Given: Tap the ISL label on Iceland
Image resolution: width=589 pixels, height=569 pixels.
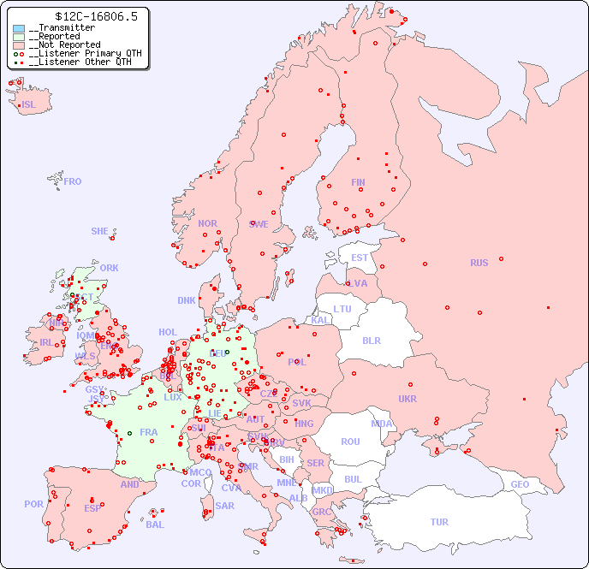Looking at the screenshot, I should click(x=29, y=105).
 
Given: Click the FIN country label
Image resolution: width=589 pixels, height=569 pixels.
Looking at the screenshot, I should click(x=358, y=182).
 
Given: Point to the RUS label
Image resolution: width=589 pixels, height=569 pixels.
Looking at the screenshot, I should click(x=479, y=263).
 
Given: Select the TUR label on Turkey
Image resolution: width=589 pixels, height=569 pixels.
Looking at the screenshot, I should click(x=439, y=522).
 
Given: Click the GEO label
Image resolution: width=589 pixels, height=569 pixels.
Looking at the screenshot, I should click(x=520, y=484).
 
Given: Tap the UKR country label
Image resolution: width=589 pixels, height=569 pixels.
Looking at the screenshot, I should click(x=408, y=399).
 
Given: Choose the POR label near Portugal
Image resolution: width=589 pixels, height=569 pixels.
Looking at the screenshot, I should click(x=33, y=504).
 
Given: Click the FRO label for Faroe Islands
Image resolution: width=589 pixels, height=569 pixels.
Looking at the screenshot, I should click(x=73, y=181).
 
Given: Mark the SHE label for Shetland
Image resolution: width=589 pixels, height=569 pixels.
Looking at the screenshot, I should click(x=100, y=231).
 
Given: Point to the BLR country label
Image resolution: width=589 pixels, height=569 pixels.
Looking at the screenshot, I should click(x=372, y=340).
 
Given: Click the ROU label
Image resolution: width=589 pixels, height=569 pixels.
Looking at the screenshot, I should click(x=350, y=442).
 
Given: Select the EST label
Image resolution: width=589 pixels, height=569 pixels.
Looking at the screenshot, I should click(x=360, y=258).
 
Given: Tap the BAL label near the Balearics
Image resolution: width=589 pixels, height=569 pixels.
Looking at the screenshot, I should click(x=154, y=525).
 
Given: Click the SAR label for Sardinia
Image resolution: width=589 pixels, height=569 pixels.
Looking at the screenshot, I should click(x=224, y=506).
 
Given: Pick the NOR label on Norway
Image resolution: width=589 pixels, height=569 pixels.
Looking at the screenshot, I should click(x=207, y=223).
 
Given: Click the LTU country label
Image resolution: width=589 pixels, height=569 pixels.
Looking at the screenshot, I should click(x=342, y=309).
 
